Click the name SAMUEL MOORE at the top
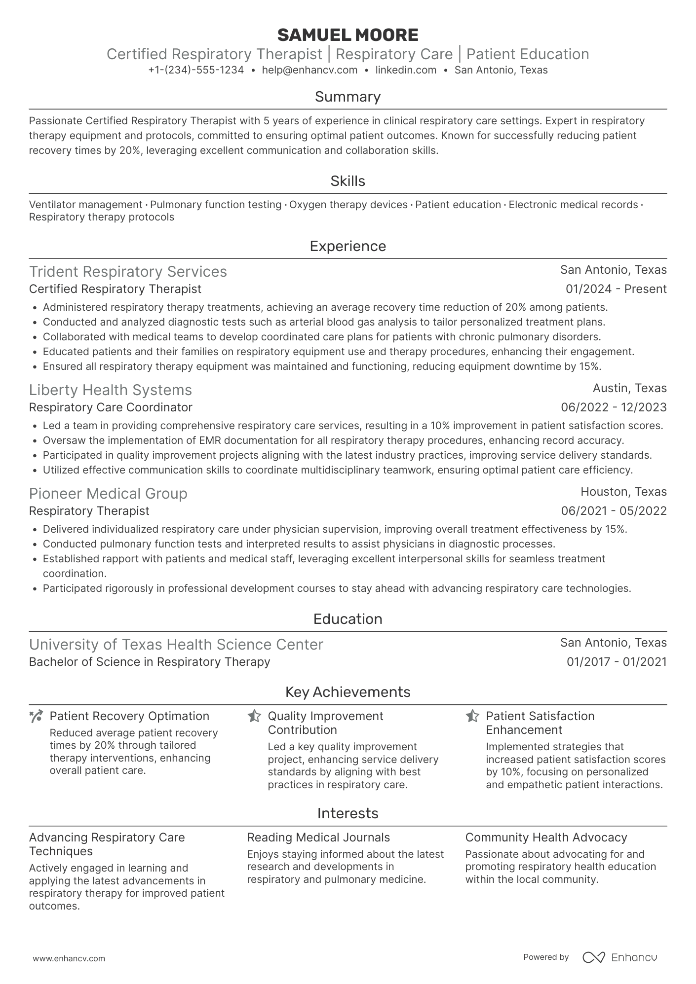point(348,35)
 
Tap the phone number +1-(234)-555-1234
point(196,70)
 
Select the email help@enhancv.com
point(309,70)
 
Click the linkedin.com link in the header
point(406,70)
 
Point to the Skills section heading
point(348,181)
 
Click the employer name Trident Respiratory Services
point(128,272)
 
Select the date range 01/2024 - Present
point(616,289)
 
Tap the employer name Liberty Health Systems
point(110,390)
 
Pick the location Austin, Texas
point(629,388)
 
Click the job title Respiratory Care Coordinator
point(111,407)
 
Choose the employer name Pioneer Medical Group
point(108,494)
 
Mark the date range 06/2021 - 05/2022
point(614,511)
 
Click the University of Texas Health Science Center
point(176,645)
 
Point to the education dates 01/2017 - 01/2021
point(617,662)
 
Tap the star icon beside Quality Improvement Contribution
point(254,716)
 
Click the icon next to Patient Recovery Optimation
point(36,717)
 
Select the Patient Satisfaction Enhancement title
point(540,723)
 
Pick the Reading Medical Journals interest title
point(318,838)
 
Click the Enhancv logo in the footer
point(619,957)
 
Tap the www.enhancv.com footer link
point(69,958)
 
